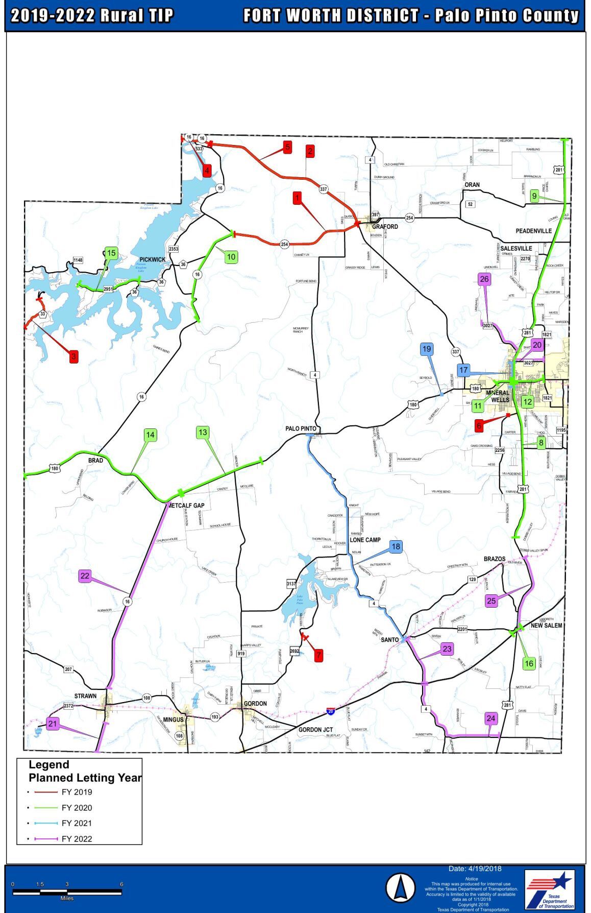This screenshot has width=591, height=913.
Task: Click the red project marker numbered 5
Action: tap(287, 147)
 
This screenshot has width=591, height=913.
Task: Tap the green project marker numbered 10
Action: tap(231, 256)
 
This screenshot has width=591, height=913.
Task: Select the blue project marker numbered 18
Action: tap(396, 547)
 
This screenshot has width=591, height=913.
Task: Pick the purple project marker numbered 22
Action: tap(85, 576)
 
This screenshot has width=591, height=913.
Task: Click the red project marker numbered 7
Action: tap(318, 655)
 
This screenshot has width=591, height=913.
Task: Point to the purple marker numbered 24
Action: tap(490, 718)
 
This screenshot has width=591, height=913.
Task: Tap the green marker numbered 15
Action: tap(111, 253)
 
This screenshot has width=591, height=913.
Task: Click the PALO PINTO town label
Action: tap(301, 429)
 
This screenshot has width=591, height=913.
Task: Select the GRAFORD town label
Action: tap(385, 227)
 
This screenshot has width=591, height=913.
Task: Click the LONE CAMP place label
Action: tap(365, 540)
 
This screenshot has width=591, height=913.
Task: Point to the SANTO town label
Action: tap(390, 640)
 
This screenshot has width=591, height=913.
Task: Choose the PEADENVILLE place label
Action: tap(533, 231)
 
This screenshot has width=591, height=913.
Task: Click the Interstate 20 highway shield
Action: tap(331, 711)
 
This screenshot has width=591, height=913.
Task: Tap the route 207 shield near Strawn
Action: tap(69, 669)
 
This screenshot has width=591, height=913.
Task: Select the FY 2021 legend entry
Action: tap(76, 823)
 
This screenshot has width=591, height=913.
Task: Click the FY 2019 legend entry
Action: tap(76, 792)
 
